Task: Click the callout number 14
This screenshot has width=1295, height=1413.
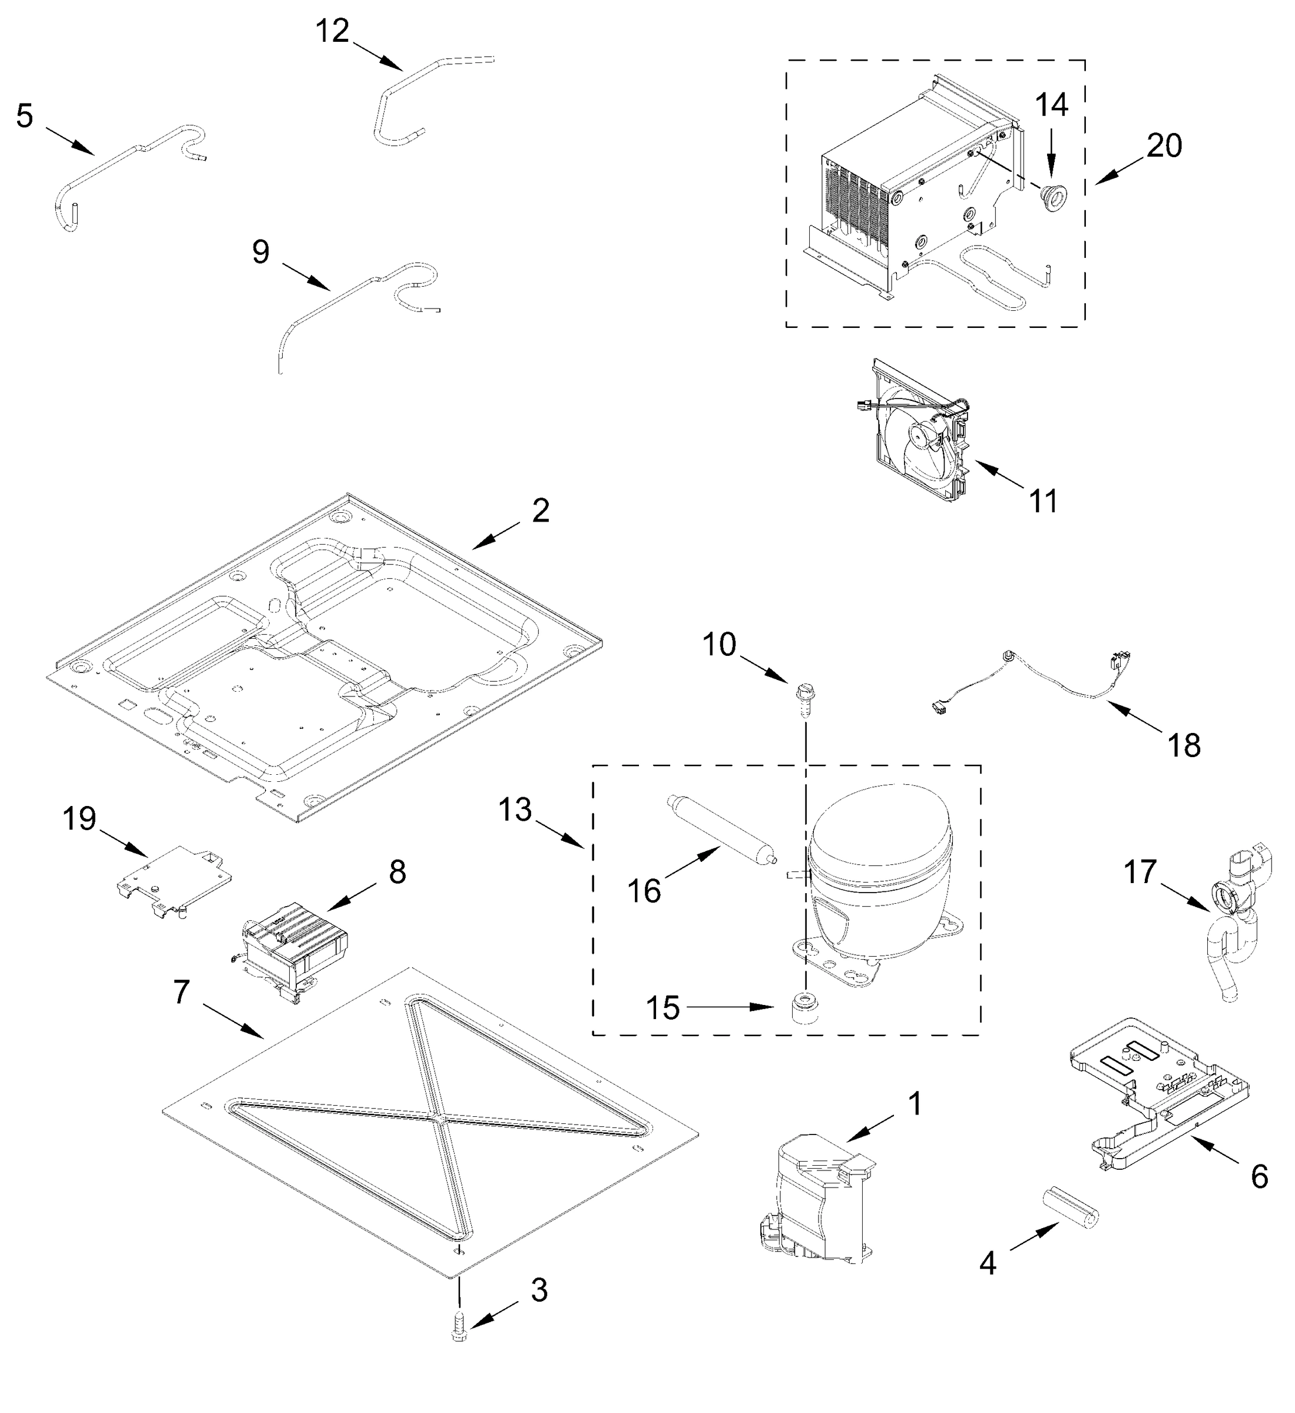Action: [1052, 105]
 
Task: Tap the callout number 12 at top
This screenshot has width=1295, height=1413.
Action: [332, 32]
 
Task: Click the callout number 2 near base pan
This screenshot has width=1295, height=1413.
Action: [540, 511]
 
